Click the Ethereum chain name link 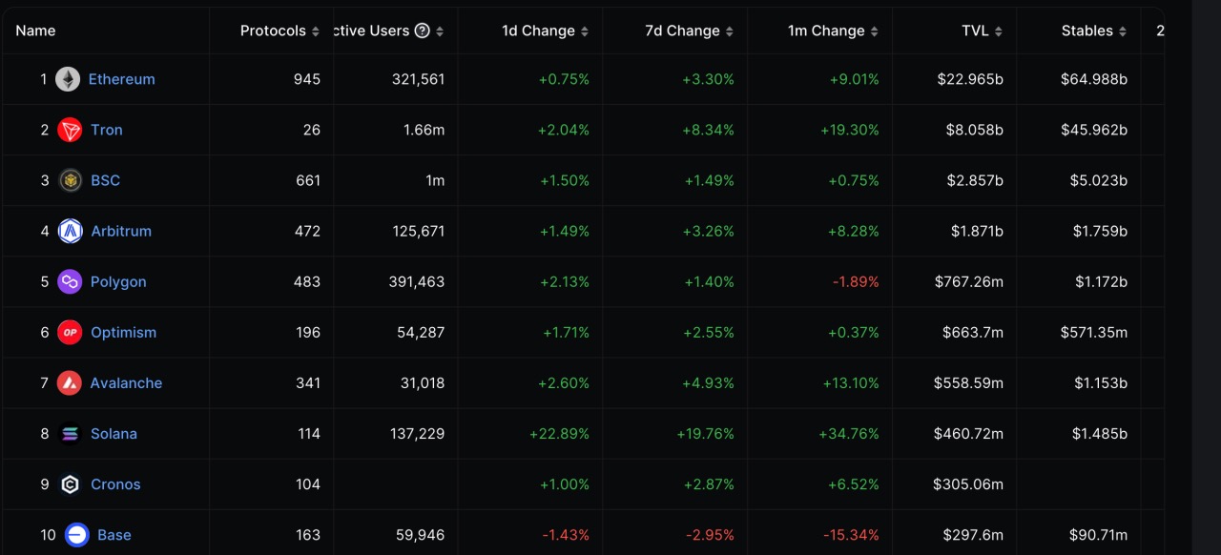[121, 79]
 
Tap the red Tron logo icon [70, 130]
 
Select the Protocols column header [273, 31]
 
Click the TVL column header [975, 31]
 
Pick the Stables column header [1086, 31]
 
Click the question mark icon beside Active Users [423, 31]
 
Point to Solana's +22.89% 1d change [559, 434]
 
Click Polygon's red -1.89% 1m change [855, 281]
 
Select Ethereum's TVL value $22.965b [970, 79]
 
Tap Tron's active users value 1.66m [424, 130]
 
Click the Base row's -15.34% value [850, 535]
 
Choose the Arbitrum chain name [121, 231]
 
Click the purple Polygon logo [70, 281]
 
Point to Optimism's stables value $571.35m [1093, 332]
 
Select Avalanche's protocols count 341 [308, 382]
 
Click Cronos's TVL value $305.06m [968, 484]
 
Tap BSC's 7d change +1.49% [709, 180]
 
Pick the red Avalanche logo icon [70, 382]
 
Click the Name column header [35, 31]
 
